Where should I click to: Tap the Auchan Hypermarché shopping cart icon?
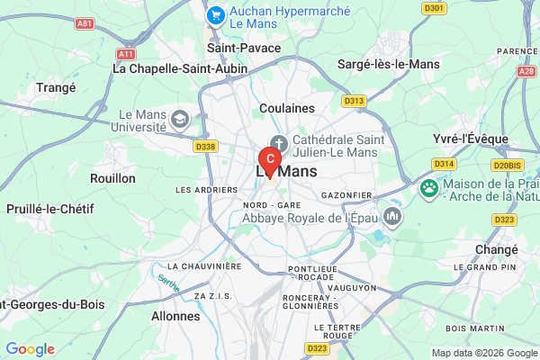click(x=215, y=15)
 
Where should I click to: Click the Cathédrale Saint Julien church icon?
click(x=279, y=142)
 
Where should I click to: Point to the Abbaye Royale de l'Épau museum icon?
click(x=392, y=217)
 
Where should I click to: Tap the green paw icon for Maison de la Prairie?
click(x=430, y=189)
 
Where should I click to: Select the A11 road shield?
click(x=125, y=54)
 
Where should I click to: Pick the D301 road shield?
click(x=433, y=9)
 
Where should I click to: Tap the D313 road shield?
click(x=354, y=101)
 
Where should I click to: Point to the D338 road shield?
click(x=205, y=147)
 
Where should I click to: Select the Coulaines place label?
click(x=286, y=108)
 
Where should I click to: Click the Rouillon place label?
click(x=112, y=178)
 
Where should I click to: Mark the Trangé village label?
click(x=56, y=87)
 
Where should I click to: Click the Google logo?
click(x=30, y=349)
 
